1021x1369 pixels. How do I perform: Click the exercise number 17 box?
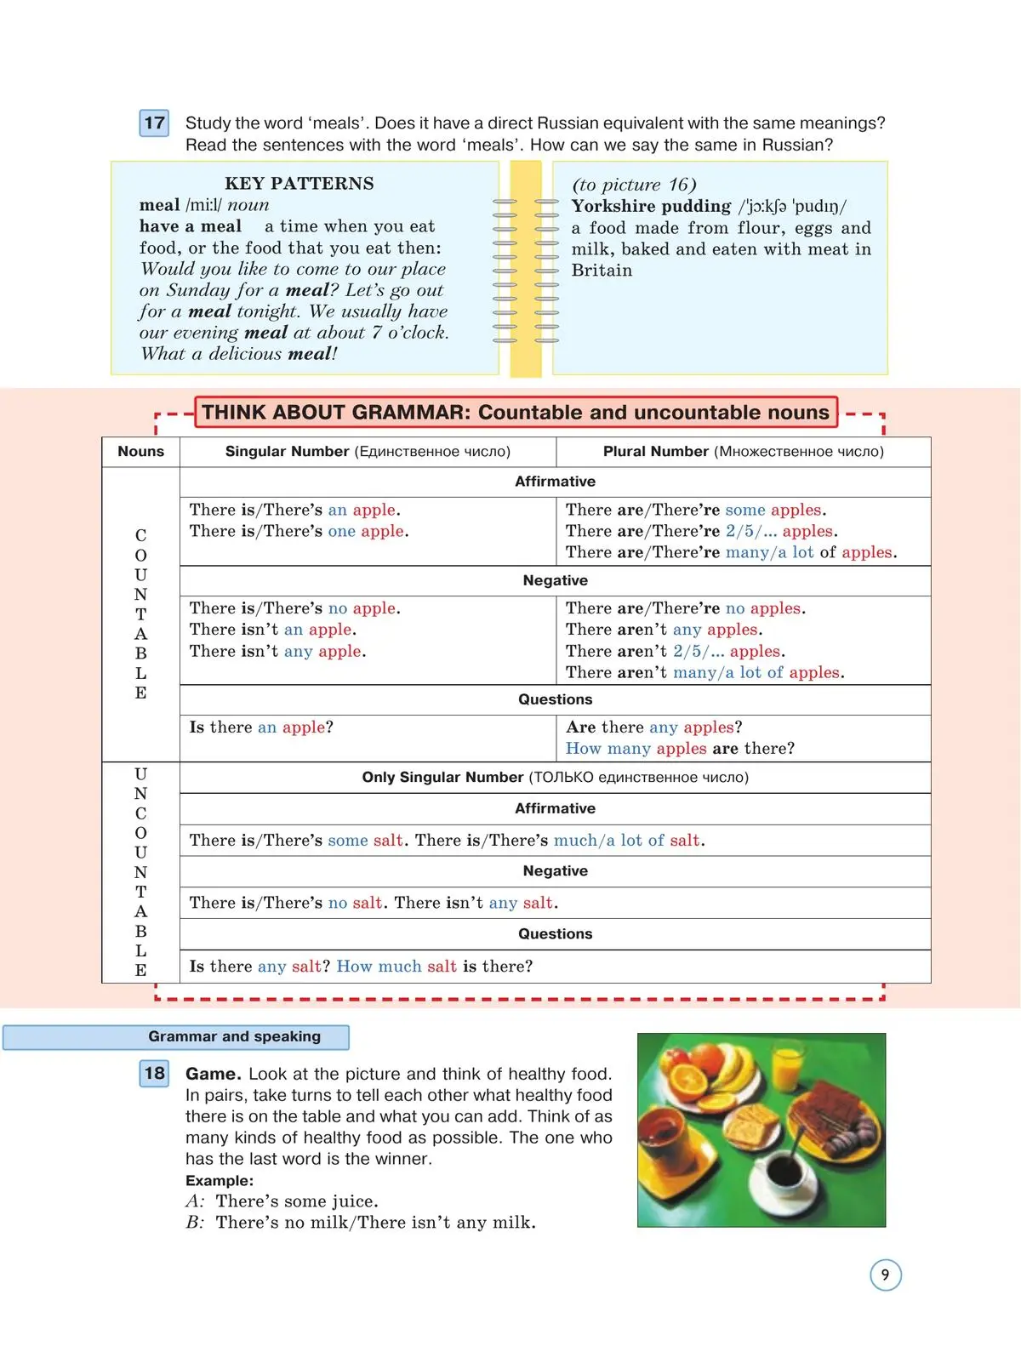click(154, 123)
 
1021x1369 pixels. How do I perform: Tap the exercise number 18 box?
click(154, 1073)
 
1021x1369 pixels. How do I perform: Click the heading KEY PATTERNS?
click(299, 184)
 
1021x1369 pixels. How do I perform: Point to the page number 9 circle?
click(885, 1275)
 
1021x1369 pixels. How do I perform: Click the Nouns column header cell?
click(140, 452)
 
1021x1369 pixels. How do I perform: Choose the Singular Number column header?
click(368, 452)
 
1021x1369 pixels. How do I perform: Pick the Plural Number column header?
click(743, 452)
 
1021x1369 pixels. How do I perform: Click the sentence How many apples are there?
click(680, 749)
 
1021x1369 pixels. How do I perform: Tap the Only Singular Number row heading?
click(555, 778)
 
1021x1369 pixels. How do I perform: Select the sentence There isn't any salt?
click(476, 903)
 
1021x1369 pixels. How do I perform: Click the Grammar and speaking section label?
click(234, 1036)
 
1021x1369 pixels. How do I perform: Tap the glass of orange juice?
click(787, 1064)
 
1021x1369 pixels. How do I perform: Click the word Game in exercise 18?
click(213, 1074)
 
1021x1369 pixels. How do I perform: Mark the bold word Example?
click(220, 1181)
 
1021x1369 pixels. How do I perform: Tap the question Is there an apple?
click(261, 727)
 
